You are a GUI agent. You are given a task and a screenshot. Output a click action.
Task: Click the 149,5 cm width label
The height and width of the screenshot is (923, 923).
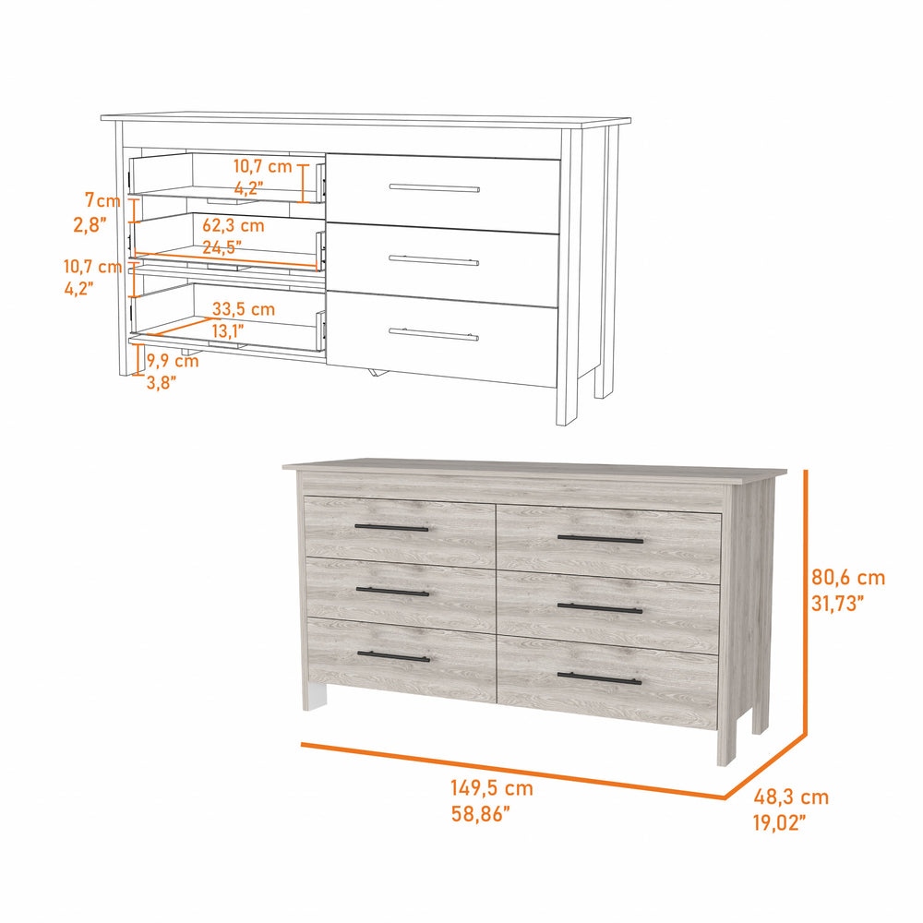[492, 789]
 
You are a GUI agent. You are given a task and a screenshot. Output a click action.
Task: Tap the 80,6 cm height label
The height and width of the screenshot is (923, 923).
[848, 579]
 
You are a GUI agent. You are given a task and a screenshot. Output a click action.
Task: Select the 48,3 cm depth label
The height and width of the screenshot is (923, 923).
[791, 797]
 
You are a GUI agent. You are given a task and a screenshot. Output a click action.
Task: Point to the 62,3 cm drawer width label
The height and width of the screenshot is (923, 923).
[234, 225]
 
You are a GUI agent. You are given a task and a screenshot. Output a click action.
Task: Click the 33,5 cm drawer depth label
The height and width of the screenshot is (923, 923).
[244, 309]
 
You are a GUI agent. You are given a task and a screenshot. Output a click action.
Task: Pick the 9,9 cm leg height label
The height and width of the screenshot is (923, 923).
[173, 361]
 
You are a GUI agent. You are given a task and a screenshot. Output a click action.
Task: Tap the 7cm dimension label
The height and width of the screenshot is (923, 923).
[102, 200]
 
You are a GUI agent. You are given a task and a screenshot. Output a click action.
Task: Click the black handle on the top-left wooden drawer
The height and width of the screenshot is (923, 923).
[392, 528]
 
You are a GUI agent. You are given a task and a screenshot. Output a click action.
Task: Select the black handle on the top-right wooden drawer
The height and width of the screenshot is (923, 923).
[600, 538]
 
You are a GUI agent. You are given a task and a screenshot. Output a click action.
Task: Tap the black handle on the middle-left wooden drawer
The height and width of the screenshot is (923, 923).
[392, 592]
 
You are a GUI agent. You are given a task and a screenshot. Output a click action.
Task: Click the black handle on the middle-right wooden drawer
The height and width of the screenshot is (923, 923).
[600, 608]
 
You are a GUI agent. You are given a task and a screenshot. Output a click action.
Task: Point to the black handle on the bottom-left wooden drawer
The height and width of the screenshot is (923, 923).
[393, 656]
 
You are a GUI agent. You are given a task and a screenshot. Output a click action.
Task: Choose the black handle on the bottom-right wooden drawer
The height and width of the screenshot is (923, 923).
[599, 679]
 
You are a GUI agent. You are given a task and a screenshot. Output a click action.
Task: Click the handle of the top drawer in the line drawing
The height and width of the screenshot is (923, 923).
[434, 188]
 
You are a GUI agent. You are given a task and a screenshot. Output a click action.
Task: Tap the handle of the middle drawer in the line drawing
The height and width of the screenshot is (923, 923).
[434, 259]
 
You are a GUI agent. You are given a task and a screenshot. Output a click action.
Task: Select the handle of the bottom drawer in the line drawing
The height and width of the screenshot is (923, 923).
[433, 333]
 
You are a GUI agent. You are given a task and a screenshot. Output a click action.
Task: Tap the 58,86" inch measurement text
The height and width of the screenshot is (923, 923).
[480, 813]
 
